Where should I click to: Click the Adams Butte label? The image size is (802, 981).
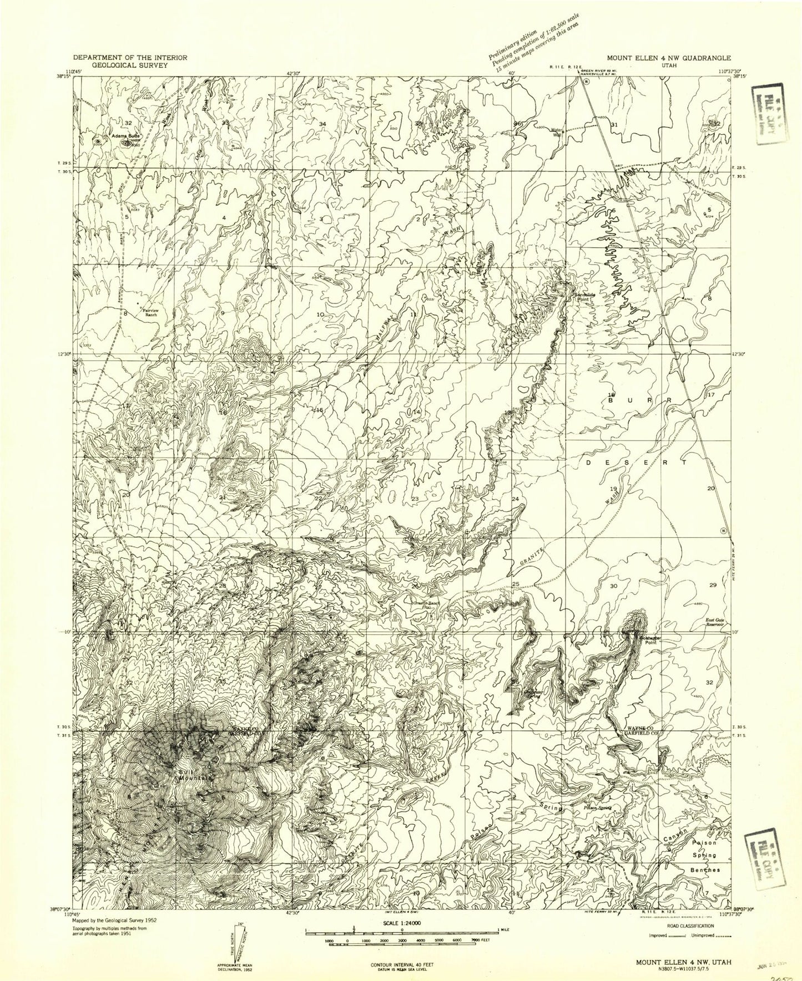pos(124,135)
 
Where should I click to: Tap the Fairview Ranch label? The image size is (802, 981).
pos(150,312)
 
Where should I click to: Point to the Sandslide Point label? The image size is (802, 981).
pos(584,296)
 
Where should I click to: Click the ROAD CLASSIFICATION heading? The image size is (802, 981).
pos(687,926)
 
